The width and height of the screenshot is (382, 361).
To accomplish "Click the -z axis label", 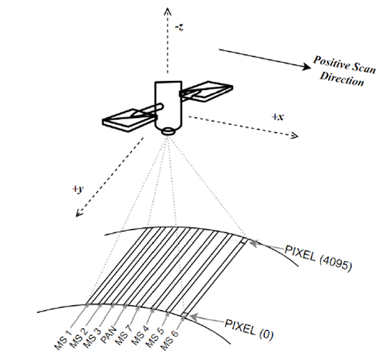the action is click(179, 27).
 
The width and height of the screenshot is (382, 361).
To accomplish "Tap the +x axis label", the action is click(277, 117).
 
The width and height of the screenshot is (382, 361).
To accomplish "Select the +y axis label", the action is click(78, 189).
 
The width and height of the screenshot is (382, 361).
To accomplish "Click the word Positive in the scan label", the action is click(330, 63).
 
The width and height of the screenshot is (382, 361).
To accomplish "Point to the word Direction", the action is click(342, 79).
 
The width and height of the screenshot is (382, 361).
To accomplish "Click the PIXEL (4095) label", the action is click(318, 258).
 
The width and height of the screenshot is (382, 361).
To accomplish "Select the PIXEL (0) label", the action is click(249, 330).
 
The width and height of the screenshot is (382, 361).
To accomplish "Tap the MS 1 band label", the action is click(63, 340).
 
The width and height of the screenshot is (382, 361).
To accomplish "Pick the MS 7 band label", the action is click(124, 335).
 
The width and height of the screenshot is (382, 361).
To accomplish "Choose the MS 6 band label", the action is click(169, 340).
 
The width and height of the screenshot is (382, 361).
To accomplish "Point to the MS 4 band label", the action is click(140, 335).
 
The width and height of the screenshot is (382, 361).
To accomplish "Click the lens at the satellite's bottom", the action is click(168, 131).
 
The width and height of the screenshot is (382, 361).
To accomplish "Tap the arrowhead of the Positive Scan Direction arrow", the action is click(307, 66).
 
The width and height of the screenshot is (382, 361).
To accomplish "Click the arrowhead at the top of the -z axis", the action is click(167, 11).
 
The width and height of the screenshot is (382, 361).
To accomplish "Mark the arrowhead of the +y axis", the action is click(79, 213).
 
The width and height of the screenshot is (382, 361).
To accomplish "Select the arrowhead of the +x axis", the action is click(295, 135).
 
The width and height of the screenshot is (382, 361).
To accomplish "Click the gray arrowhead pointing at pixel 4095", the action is click(253, 244).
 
